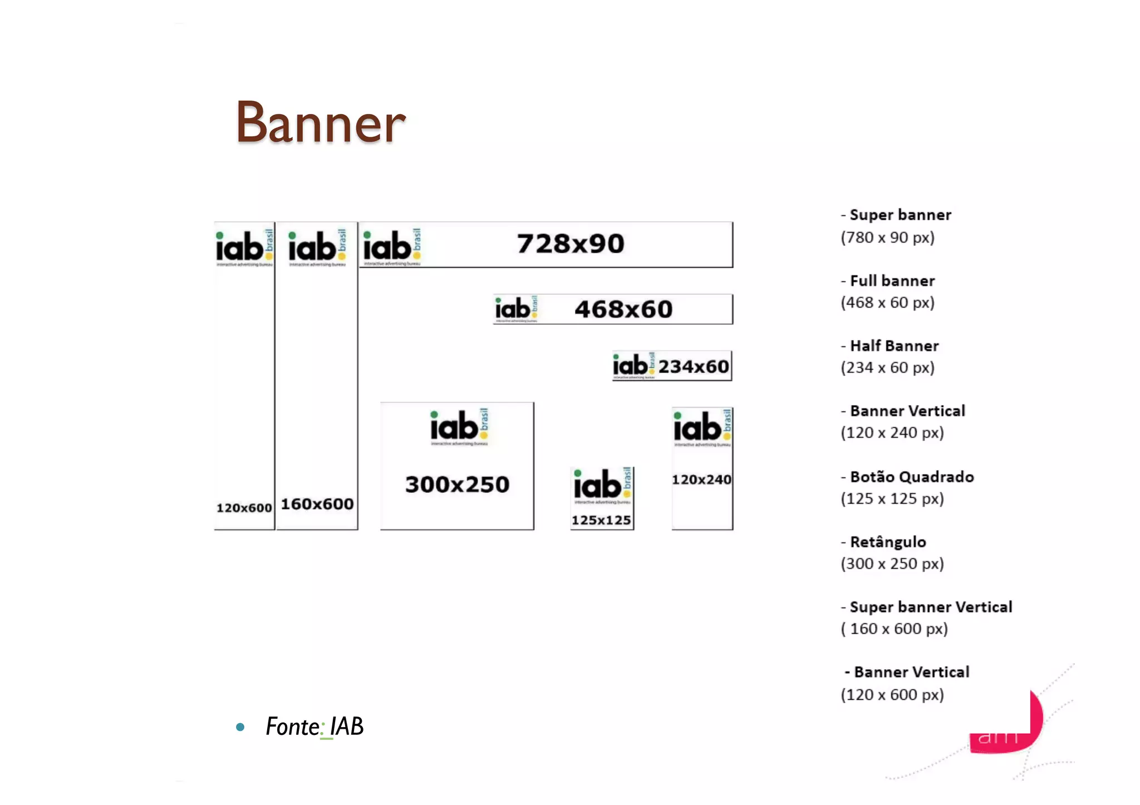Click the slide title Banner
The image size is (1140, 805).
tap(321, 122)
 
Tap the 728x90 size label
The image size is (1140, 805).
tap(571, 244)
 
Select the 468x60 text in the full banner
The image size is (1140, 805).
tap(623, 309)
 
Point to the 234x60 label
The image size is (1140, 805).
tap(693, 367)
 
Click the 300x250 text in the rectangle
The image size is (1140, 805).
tap(457, 485)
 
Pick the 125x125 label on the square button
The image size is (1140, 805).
tap(601, 520)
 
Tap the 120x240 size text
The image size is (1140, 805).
tap(701, 480)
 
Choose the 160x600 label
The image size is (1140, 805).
tap(317, 504)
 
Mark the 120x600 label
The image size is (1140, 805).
tap(244, 508)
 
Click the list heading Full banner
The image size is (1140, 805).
tap(892, 281)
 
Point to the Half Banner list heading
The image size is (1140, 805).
tap(894, 346)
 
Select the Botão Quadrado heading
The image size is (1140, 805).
tap(912, 477)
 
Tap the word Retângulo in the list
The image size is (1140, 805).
tap(888, 542)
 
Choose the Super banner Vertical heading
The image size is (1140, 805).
tap(931, 607)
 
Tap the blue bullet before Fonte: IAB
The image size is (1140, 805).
tap(240, 727)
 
